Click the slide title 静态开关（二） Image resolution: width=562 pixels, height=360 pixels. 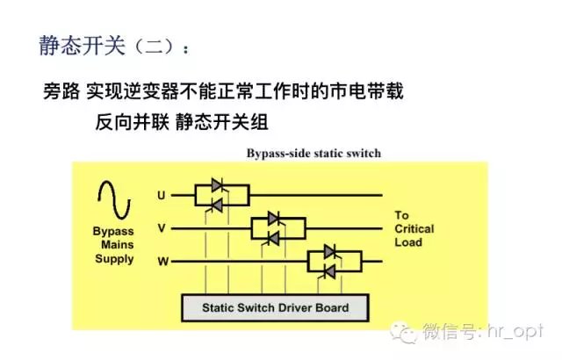tap(112, 47)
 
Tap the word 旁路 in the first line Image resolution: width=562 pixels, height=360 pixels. tap(61, 91)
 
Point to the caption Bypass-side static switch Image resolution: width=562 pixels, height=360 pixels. tap(313, 155)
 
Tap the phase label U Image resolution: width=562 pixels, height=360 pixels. tap(161, 194)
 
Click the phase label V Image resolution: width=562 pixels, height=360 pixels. tap(161, 227)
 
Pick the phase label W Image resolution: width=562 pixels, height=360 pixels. tap(162, 261)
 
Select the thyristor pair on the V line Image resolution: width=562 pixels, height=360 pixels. tap(272, 228)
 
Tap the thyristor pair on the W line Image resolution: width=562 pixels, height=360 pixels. tap(329, 262)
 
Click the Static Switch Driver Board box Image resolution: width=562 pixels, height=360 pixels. tap(275, 308)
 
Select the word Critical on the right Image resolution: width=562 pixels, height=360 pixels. tap(415, 229)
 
